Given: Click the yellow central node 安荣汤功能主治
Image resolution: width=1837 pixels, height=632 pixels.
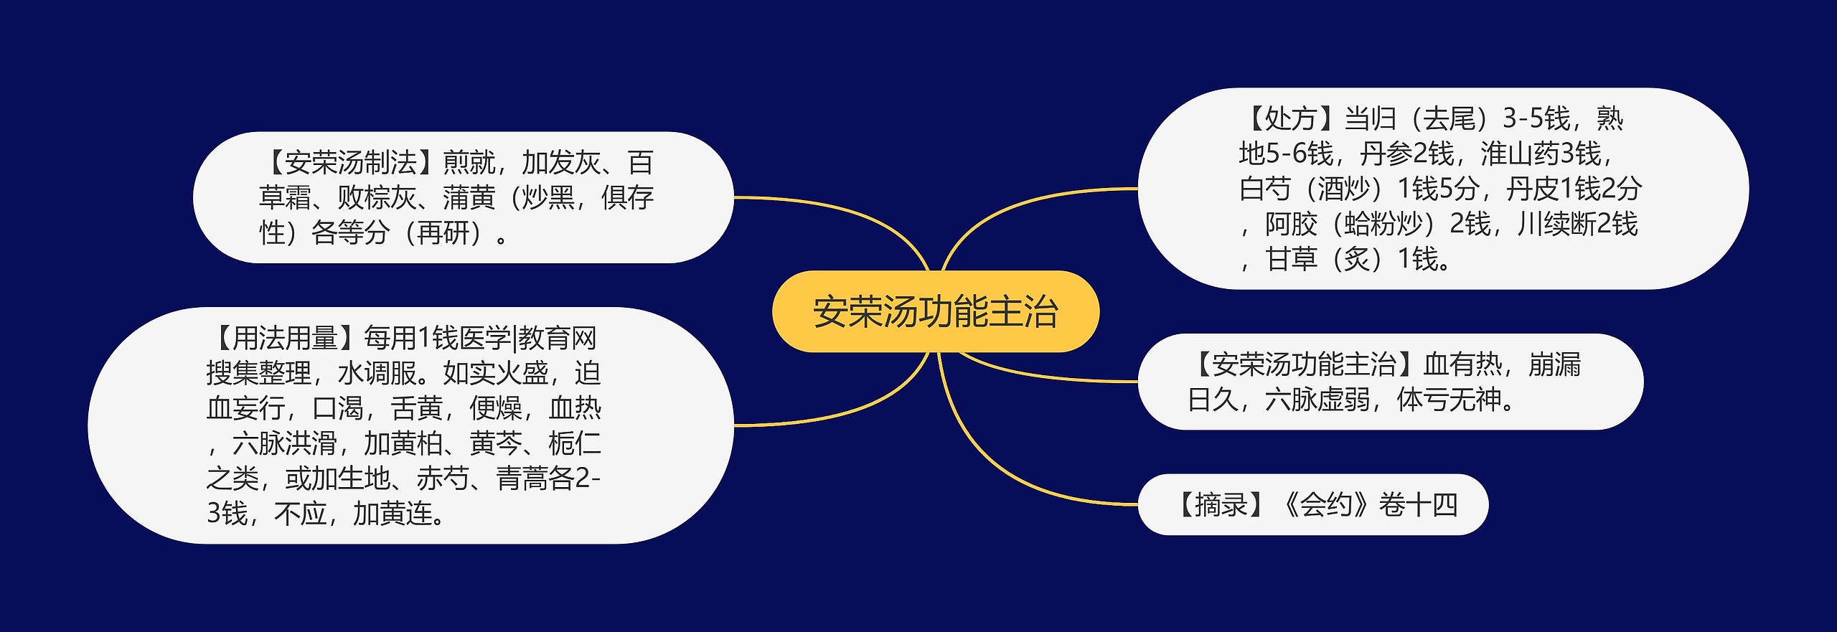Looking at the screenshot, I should click(x=935, y=311).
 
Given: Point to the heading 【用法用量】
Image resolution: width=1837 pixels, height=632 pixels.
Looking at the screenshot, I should click(x=284, y=337).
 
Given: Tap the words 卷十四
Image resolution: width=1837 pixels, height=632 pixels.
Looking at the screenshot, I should click(x=1418, y=505).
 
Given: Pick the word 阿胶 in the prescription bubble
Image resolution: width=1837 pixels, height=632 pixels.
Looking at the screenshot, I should click(x=1291, y=225).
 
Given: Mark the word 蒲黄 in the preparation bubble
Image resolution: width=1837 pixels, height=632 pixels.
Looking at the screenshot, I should click(x=469, y=198).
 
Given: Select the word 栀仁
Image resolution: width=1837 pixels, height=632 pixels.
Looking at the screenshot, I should click(x=574, y=443).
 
